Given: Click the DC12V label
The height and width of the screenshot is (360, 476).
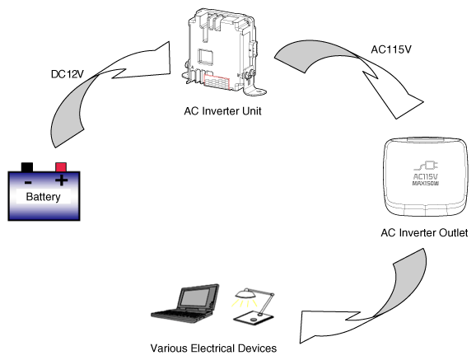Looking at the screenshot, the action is pyautogui.click(x=67, y=74).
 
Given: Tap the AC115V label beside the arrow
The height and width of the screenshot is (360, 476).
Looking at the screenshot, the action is pyautogui.click(x=391, y=49).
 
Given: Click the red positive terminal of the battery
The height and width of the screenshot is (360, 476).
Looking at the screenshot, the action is pyautogui.click(x=61, y=167).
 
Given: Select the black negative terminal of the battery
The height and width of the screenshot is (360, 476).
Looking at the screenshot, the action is pyautogui.click(x=27, y=167).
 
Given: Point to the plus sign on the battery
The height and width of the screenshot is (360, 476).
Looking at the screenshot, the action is pyautogui.click(x=61, y=180).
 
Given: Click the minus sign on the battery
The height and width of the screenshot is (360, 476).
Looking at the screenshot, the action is pyautogui.click(x=28, y=182).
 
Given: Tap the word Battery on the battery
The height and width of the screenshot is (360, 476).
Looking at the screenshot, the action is pyautogui.click(x=43, y=197).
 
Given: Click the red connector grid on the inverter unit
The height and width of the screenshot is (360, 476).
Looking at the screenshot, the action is pyautogui.click(x=217, y=82).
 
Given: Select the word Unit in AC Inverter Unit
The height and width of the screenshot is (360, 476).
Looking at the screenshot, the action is pyautogui.click(x=252, y=111).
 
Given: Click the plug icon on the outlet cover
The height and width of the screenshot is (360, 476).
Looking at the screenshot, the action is pyautogui.click(x=426, y=166).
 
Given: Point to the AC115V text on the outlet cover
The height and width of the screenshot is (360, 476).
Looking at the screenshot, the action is pyautogui.click(x=426, y=176).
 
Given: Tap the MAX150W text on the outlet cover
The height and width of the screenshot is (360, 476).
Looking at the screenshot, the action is pyautogui.click(x=426, y=184).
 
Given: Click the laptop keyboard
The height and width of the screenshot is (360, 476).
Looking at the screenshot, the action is pyautogui.click(x=179, y=314).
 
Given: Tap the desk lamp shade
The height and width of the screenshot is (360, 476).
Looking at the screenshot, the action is pyautogui.click(x=246, y=294).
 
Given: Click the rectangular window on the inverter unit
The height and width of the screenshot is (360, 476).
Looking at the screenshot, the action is pyautogui.click(x=206, y=56).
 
